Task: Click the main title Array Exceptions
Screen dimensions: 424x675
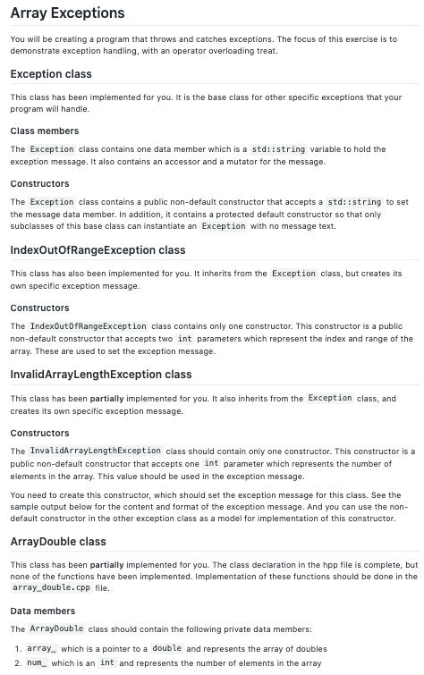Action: [x=67, y=13]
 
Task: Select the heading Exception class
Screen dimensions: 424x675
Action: [x=51, y=74]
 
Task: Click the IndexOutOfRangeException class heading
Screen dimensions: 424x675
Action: [x=98, y=249]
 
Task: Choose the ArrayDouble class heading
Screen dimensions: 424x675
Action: [x=58, y=541]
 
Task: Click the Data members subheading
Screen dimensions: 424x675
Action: [x=43, y=611]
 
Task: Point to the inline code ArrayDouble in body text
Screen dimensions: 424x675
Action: [x=56, y=629]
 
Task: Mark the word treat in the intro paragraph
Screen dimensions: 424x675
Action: [x=266, y=50]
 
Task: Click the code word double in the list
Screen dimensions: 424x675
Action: [x=167, y=648]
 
